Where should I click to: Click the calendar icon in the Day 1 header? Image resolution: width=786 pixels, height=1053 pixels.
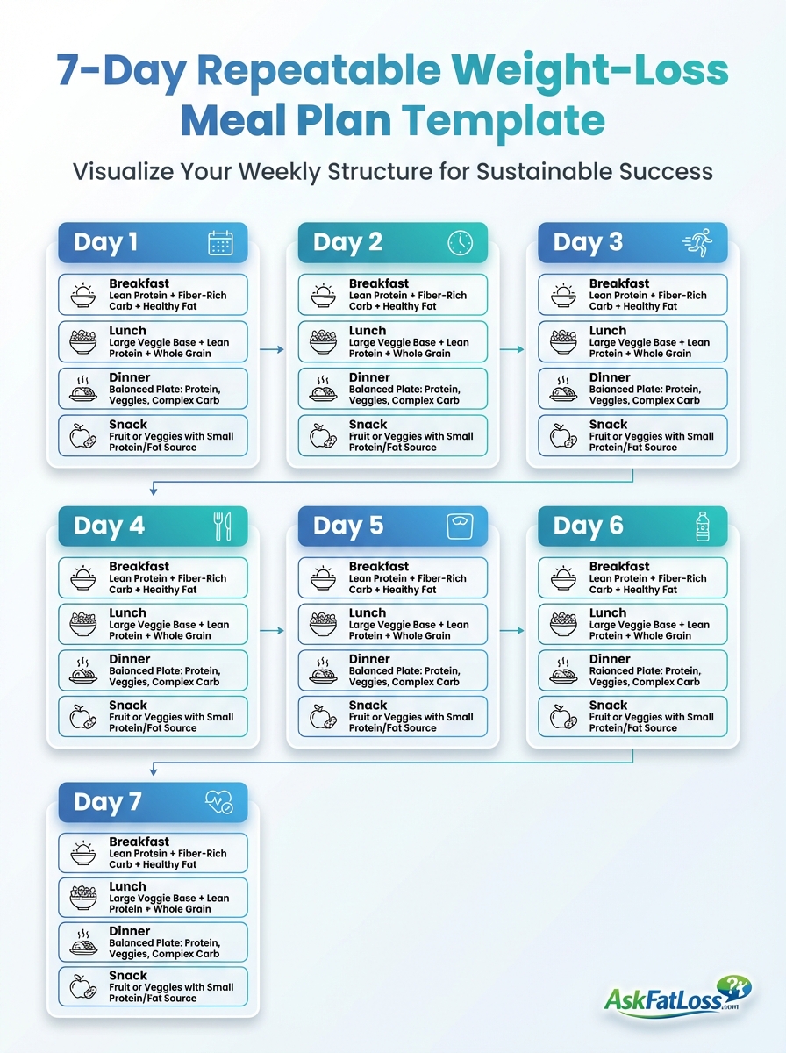(x=220, y=243)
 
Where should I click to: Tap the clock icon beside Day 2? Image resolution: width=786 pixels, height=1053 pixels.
(x=460, y=243)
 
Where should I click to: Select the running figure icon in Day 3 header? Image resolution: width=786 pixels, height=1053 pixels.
(x=697, y=242)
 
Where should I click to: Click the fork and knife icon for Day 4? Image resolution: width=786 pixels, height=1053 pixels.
(x=223, y=526)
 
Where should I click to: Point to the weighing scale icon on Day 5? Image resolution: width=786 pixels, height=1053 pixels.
(x=460, y=526)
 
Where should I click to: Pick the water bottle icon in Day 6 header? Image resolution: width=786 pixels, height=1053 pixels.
(x=703, y=526)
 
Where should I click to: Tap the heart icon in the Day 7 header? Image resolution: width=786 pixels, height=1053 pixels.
(x=219, y=802)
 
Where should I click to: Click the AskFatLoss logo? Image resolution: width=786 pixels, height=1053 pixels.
(x=677, y=995)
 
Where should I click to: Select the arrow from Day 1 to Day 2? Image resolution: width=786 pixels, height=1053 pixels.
(x=272, y=349)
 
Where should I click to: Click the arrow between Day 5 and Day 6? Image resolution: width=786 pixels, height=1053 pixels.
(x=511, y=631)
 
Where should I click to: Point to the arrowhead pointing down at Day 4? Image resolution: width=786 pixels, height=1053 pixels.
(x=154, y=491)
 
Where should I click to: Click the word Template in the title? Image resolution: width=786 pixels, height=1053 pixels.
(x=503, y=120)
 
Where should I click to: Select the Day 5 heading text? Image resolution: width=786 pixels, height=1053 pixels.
(x=348, y=526)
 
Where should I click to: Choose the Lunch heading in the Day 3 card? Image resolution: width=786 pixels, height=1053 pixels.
(x=608, y=331)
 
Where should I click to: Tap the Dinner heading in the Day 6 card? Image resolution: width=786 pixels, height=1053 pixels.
(x=610, y=659)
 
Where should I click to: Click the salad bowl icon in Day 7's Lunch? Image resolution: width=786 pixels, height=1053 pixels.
(x=83, y=897)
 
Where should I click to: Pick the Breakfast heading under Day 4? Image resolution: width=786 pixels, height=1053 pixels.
(x=139, y=566)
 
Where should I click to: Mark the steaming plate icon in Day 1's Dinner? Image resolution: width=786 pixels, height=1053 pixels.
(x=83, y=389)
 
